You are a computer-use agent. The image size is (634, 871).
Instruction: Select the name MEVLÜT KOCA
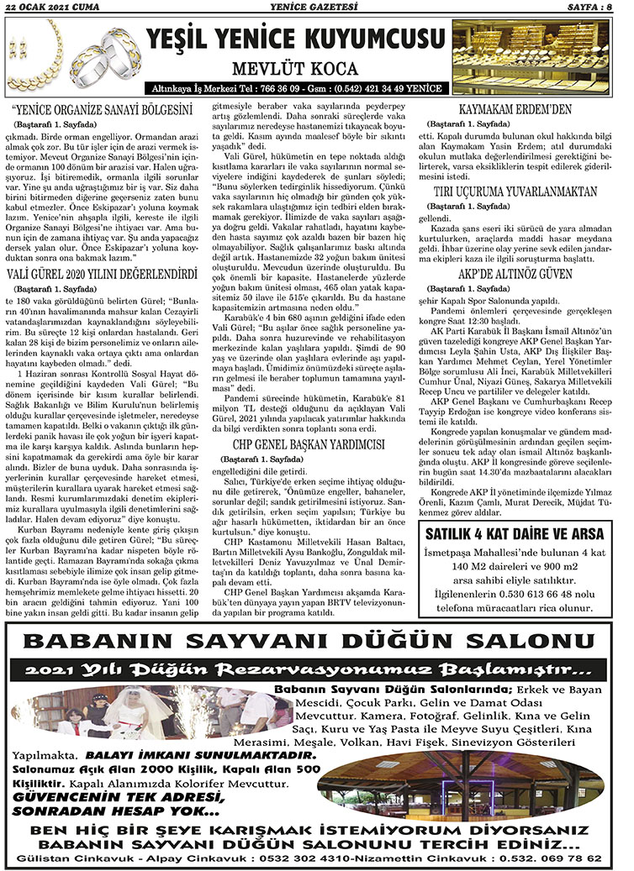(296, 69)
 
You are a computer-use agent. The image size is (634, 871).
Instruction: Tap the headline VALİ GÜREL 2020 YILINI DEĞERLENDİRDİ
(101, 275)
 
